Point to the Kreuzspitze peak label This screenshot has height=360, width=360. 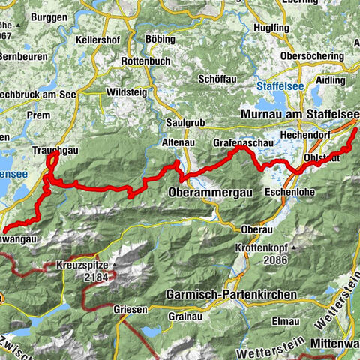tap(85, 265)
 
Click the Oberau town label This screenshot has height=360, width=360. tap(253, 229)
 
